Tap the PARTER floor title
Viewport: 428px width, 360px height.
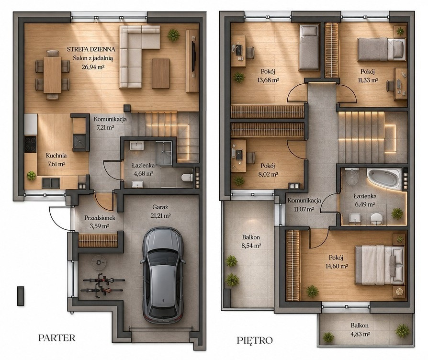[57, 337]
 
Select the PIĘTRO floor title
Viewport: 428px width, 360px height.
[255, 340]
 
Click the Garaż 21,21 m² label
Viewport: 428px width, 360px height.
[160, 212]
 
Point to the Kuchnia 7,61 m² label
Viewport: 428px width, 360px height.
[56, 160]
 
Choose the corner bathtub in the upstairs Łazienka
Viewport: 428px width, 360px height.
[384, 179]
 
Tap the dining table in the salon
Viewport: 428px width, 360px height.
[52, 75]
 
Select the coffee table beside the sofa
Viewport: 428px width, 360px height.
[160, 74]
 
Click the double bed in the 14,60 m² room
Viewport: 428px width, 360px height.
[380, 265]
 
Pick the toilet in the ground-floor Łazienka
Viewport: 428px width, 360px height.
[187, 178]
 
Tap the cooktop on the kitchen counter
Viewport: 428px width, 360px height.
[31, 144]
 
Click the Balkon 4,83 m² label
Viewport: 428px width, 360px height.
[360, 329]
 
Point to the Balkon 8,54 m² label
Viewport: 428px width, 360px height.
[251, 242]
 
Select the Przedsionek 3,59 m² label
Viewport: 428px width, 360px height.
[100, 222]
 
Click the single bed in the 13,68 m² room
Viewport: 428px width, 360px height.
[309, 47]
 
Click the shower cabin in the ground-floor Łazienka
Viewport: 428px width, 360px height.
[164, 153]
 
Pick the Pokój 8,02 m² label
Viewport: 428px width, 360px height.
[268, 170]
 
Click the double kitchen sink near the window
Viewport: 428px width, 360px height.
[51, 183]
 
